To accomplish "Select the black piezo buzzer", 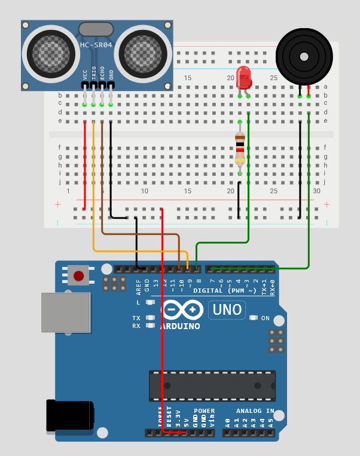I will coord(303,57).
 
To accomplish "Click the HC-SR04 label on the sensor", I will coord(96,45).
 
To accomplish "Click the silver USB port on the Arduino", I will coord(65,312).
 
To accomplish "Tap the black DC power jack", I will coord(71,415).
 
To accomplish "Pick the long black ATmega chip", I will coord(212,385).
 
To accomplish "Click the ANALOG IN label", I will coord(255,411).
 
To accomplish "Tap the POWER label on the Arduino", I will coord(204,411).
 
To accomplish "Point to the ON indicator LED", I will coord(254,318).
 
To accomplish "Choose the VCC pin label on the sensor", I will coord(85,74).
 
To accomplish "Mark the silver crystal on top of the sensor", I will coord(96,29).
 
